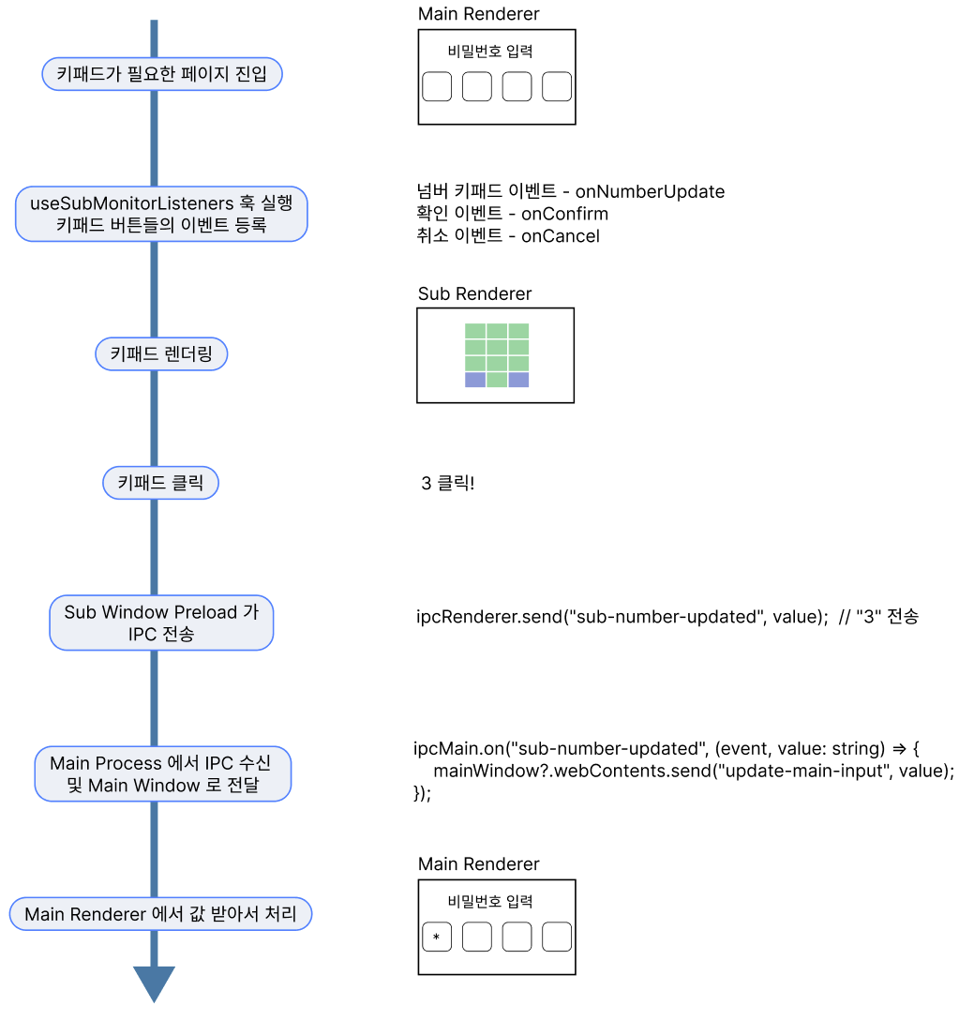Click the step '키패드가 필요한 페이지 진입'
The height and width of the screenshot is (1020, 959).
162,73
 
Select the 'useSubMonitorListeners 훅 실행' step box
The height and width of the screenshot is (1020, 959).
161,214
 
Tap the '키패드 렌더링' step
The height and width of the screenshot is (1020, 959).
161,354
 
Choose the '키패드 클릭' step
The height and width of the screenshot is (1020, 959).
161,484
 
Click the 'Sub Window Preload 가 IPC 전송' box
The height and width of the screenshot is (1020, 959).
161,623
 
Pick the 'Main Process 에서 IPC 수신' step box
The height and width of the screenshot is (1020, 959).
162,774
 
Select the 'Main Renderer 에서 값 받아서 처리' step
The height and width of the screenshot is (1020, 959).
160,914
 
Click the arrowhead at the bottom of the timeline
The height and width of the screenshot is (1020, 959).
154,984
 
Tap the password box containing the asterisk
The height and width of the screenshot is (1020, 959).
437,937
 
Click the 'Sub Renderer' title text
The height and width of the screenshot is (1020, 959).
474,294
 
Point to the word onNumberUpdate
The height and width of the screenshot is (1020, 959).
650,192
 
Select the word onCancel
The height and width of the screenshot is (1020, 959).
560,236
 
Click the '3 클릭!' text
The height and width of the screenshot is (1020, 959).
448,485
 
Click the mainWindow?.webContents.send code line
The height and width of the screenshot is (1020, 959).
693,771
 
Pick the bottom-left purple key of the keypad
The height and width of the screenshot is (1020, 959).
475,380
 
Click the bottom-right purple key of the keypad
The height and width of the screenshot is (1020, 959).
518,380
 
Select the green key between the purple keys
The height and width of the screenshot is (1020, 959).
497,380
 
